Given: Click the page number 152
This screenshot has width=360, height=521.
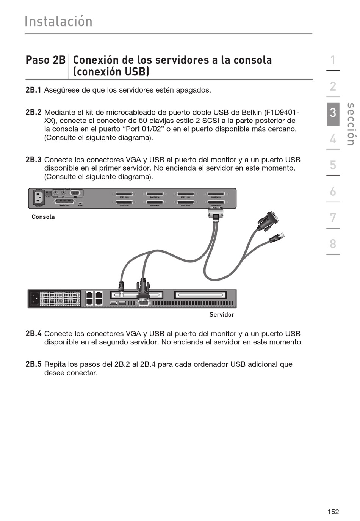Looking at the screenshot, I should (333, 512).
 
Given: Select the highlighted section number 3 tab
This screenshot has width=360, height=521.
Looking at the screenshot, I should (333, 112).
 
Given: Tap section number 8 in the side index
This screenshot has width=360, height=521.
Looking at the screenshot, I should (333, 243).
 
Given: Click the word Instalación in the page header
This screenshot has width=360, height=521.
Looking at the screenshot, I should (58, 22).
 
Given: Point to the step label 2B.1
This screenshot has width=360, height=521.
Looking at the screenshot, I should (33, 90).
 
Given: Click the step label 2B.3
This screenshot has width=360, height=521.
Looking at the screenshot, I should (33, 160).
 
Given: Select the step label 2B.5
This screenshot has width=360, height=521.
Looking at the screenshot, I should (33, 364).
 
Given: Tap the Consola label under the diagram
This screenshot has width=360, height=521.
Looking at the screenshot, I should (43, 217).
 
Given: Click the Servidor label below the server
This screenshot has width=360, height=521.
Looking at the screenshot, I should (222, 314).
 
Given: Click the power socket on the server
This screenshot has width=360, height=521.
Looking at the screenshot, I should (34, 298).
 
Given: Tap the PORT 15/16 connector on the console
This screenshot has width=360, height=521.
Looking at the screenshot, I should (124, 194).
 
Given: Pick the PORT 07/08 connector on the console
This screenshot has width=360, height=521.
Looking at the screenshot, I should (124, 202).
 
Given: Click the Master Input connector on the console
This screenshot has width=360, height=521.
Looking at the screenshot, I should (64, 201).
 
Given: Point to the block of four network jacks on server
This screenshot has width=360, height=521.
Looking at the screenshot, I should (94, 298).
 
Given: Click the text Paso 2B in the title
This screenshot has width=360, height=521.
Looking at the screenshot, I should (45, 60).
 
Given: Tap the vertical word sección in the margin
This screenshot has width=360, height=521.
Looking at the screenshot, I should (351, 124).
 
